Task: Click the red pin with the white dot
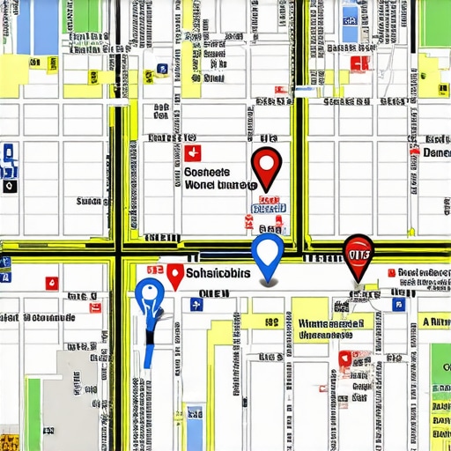tap(266, 164)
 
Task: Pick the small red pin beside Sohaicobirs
tap(174, 276)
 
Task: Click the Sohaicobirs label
tap(218, 275)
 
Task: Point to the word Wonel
tap(202, 187)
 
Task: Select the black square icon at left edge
tap(9, 187)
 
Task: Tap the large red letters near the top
tap(359, 63)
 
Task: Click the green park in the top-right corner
tap(435, 22)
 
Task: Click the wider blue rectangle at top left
tap(46, 26)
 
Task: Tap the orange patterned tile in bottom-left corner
tap(9, 440)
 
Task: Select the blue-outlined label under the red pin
tap(269, 208)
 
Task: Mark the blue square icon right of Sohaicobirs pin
tap(196, 304)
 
